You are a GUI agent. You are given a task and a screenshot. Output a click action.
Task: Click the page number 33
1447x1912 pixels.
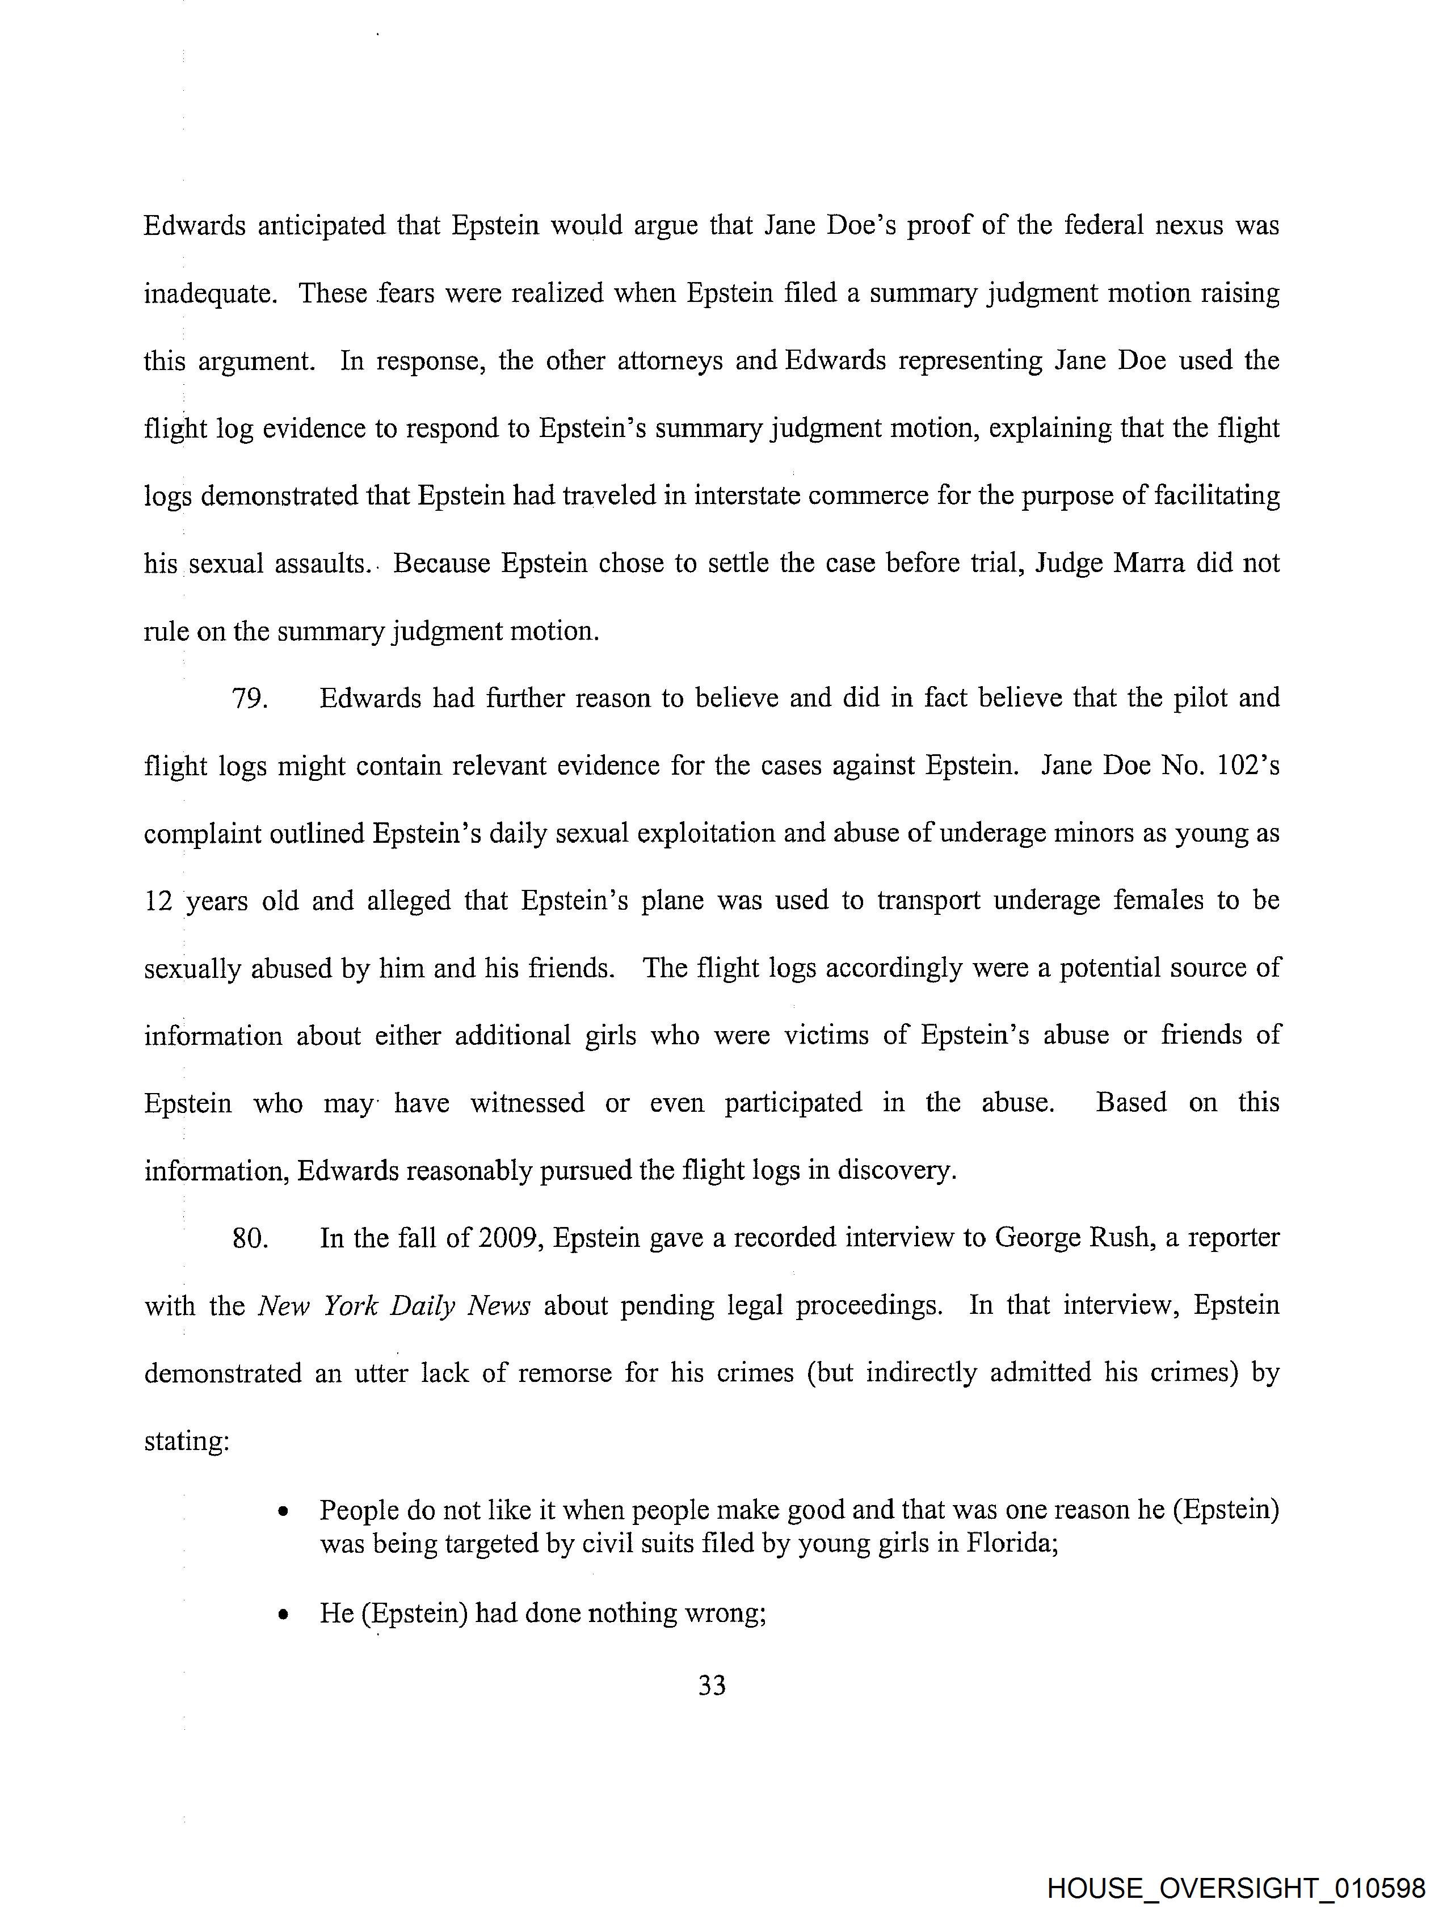tap(712, 1684)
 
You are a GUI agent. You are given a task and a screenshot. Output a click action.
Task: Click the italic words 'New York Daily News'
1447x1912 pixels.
tap(394, 1305)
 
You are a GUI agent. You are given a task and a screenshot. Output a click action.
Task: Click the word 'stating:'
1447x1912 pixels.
tap(187, 1441)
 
